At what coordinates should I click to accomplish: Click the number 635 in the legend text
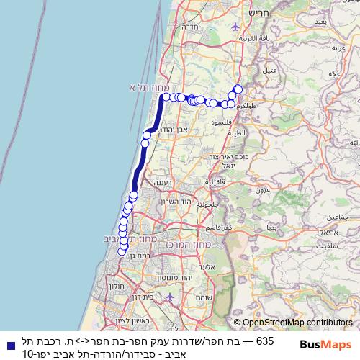coord(265,340)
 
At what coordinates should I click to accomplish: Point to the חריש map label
coord(257,13)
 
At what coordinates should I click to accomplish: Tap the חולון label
coord(118,286)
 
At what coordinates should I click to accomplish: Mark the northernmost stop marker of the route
coord(238,89)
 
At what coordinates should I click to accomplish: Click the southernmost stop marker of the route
coord(123,251)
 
